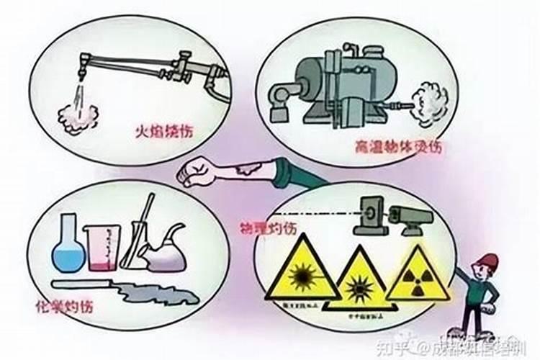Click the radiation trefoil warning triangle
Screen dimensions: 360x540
413,275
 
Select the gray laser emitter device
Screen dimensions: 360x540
410,216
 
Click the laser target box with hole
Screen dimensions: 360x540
368,212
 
